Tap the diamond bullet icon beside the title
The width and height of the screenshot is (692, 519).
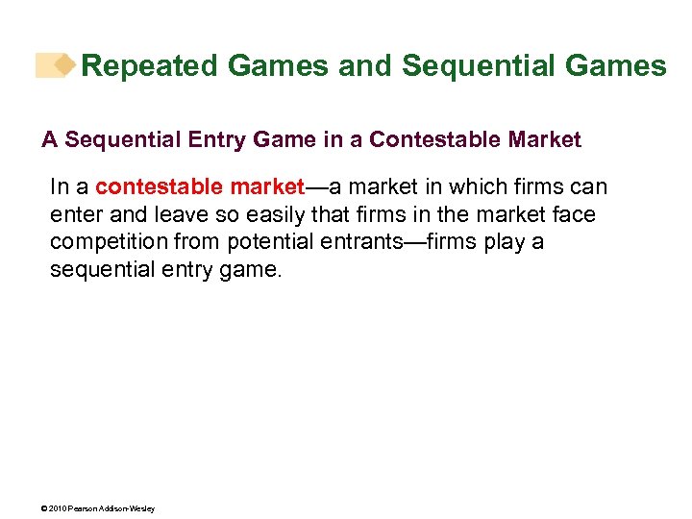[63, 65]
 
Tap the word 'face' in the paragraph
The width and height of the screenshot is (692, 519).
[573, 214]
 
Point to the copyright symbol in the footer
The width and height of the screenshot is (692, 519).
[44, 508]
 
